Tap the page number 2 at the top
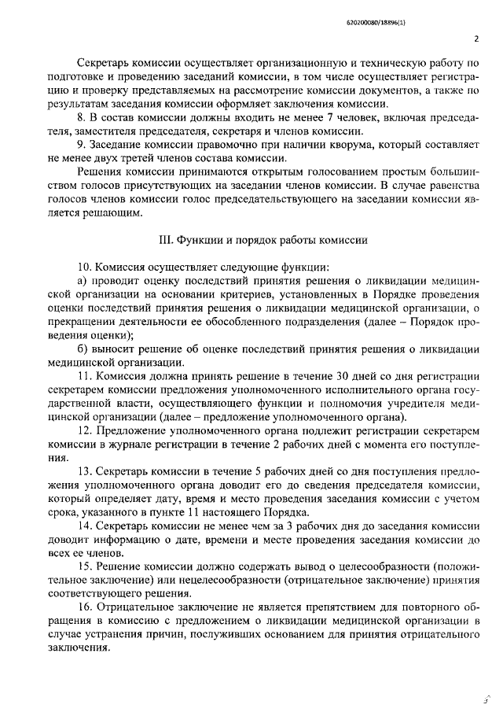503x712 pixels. (x=477, y=37)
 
